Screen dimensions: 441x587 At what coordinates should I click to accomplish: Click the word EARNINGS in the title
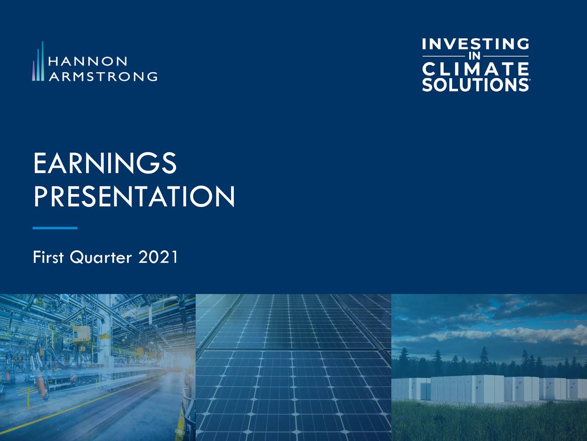105,164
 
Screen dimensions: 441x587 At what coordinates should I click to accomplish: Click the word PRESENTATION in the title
134,197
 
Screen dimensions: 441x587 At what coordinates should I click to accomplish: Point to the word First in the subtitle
48,257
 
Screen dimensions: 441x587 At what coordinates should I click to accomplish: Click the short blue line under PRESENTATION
55,228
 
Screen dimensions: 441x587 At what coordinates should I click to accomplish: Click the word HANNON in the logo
88,61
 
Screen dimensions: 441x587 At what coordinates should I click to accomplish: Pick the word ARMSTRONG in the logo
103,76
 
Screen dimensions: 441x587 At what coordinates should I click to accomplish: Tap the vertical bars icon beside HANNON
39,62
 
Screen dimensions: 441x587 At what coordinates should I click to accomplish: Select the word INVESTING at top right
475,45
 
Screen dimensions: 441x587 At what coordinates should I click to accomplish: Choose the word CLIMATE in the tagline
475,69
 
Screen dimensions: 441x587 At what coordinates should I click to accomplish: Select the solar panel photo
293,367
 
